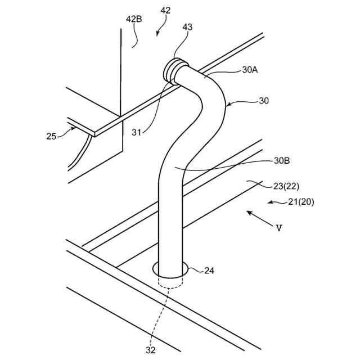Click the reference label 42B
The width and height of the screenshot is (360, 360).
[134, 19]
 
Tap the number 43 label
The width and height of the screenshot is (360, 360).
[187, 26]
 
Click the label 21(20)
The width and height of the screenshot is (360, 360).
[298, 201]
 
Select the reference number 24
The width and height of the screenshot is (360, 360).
[209, 271]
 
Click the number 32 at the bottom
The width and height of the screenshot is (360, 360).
[150, 350]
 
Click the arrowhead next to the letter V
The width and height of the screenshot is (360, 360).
[249, 213]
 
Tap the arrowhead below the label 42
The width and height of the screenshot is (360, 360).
[158, 34]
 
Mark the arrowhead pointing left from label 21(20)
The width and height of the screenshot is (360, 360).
[269, 202]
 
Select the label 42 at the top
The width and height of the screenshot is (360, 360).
[165, 11]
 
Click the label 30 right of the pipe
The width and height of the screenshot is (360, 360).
[263, 101]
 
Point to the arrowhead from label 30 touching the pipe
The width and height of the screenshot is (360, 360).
[227, 104]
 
